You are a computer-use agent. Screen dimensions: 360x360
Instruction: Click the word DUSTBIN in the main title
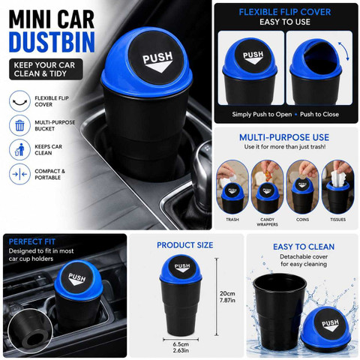click(x=52, y=41)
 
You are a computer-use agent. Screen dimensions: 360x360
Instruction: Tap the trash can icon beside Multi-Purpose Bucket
click(x=19, y=125)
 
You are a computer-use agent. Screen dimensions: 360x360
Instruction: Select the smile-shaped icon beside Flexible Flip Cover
click(x=19, y=102)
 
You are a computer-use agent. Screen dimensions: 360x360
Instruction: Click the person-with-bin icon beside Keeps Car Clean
click(x=19, y=149)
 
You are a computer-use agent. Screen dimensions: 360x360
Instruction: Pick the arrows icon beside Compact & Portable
click(x=19, y=174)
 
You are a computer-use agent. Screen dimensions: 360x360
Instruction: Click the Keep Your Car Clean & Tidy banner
click(x=46, y=69)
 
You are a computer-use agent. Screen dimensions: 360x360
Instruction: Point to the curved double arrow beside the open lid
click(x=343, y=51)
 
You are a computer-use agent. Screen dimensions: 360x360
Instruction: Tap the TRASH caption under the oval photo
click(x=232, y=220)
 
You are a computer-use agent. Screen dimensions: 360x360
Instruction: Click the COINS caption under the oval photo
click(x=302, y=220)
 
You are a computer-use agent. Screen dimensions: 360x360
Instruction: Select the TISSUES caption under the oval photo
click(x=338, y=220)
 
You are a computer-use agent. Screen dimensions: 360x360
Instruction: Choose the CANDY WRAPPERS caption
click(x=267, y=222)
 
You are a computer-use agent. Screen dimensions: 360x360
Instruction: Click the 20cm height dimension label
click(x=227, y=296)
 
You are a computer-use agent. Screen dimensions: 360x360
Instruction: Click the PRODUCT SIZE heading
click(x=185, y=245)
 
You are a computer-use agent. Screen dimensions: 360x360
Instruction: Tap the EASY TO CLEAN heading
click(x=304, y=247)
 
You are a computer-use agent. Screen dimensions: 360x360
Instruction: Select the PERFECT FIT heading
click(x=32, y=241)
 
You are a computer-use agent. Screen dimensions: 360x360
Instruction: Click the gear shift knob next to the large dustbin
click(x=202, y=170)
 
